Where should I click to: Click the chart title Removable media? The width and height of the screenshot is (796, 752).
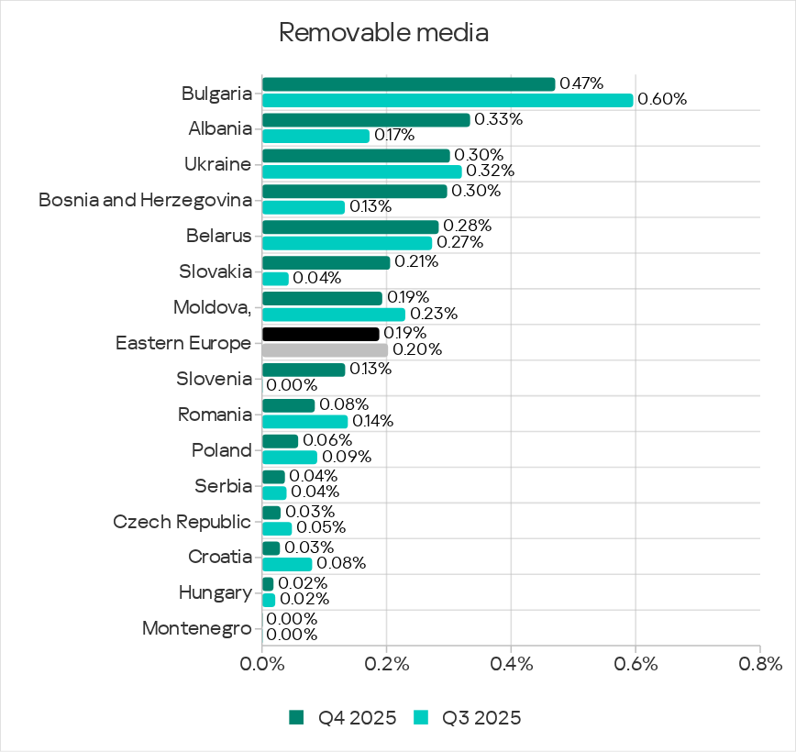point(383,32)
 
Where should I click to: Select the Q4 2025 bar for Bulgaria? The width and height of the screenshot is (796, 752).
point(408,84)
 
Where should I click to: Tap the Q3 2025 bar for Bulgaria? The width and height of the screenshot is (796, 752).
point(448,100)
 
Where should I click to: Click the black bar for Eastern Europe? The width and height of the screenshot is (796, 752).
point(320,334)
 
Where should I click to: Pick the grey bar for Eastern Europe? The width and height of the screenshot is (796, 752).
point(325,349)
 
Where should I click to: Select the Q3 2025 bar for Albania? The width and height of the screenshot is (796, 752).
point(315,136)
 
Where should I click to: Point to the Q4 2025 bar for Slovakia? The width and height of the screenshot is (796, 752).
point(326,262)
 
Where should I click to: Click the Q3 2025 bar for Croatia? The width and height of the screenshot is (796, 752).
point(287,564)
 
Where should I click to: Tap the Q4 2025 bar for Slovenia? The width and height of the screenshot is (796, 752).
point(304,370)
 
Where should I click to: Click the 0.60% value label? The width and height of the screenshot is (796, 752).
point(662,99)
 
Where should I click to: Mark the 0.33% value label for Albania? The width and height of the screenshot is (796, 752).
point(499,119)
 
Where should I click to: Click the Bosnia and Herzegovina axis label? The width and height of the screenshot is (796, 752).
point(145,200)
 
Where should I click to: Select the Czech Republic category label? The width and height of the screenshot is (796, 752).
point(182,522)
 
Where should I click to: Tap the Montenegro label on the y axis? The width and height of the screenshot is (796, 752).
point(197,629)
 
